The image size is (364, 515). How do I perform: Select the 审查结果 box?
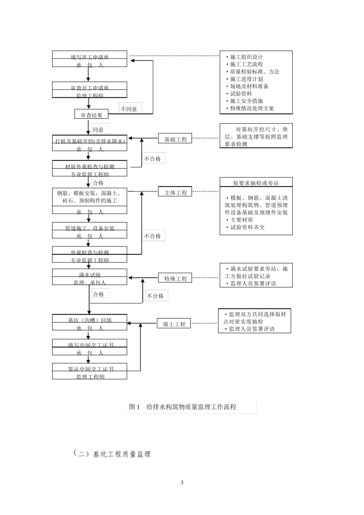[91, 115]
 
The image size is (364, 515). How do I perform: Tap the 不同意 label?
[129, 109]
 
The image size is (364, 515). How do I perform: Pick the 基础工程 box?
[175, 139]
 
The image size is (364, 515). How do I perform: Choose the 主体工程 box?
[175, 192]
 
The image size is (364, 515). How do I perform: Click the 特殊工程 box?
[175, 279]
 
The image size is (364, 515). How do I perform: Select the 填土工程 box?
[174, 324]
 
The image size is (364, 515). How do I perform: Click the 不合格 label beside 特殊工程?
[156, 296]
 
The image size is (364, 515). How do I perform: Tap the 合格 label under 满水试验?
[98, 294]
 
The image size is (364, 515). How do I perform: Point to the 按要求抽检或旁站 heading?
[256, 183]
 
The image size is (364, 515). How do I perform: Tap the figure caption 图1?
[135, 407]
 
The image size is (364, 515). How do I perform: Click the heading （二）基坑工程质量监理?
[112, 454]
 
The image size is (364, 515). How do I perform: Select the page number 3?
[182, 482]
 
